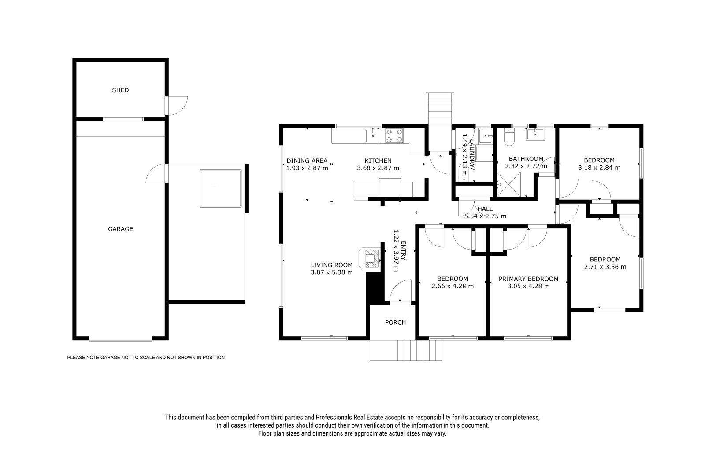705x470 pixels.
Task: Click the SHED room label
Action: (x=120, y=90)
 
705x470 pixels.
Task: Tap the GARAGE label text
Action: (x=120, y=229)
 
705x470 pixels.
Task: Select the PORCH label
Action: (x=395, y=322)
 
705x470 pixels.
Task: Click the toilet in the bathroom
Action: (x=509, y=137)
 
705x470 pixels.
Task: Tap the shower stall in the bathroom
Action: (x=508, y=184)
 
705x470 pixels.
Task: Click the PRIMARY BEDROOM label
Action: (x=528, y=279)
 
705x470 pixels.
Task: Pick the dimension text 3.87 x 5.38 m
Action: (x=332, y=272)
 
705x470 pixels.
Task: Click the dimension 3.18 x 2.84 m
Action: (x=599, y=168)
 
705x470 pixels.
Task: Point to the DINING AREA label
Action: (x=307, y=160)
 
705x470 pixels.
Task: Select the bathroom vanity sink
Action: (x=534, y=134)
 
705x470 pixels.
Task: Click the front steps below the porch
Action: (x=405, y=351)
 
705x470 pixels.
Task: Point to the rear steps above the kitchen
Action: (x=440, y=108)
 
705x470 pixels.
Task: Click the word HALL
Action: (x=485, y=209)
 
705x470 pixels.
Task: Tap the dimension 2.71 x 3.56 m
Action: (x=605, y=267)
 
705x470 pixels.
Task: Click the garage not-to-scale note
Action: (x=146, y=358)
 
